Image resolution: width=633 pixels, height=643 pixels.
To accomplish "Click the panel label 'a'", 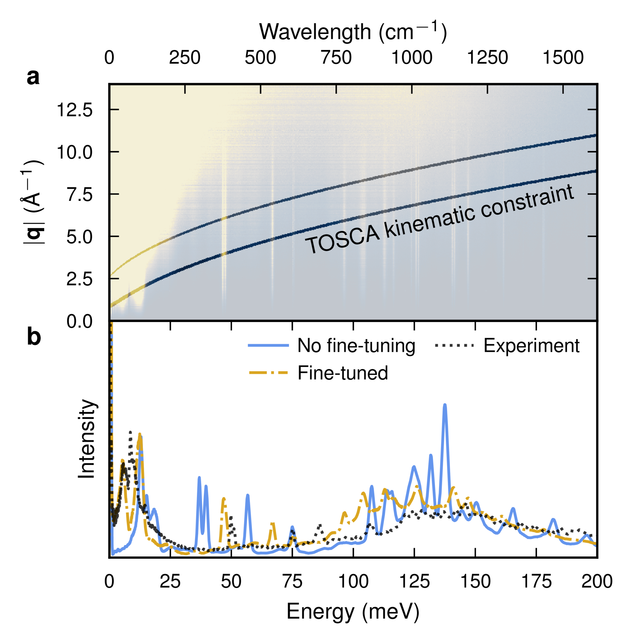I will click(33, 77).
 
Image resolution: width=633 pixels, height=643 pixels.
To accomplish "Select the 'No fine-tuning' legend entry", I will click(356, 346).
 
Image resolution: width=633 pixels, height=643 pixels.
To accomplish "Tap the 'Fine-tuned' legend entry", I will click(342, 373).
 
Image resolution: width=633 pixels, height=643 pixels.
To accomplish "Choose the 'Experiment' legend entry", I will click(531, 346).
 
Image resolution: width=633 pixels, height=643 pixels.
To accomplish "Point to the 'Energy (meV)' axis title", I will click(353, 612).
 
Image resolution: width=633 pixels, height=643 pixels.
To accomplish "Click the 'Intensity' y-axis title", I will click(87, 439).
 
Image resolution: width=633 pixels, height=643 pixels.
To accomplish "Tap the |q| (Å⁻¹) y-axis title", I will click(34, 202).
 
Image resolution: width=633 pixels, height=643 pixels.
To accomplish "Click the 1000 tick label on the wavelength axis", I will click(412, 58).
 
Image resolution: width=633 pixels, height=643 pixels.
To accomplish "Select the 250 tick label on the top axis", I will click(185, 58).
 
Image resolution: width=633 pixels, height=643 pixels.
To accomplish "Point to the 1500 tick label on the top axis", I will click(563, 58).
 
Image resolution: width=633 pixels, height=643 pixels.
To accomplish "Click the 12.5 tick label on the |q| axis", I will click(75, 110).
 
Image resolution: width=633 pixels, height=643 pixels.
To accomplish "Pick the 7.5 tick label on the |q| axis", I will click(80, 195).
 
